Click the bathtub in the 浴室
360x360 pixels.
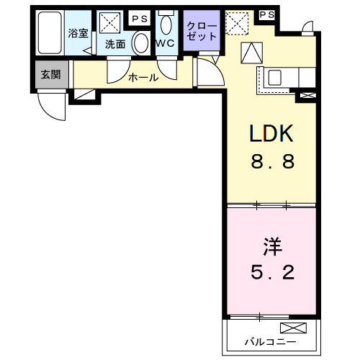50,32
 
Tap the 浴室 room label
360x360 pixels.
78,33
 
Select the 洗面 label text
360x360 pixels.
115,44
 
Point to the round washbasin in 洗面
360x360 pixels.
141,43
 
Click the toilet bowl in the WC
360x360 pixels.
166,24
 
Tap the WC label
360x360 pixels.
165,43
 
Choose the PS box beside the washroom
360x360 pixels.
140,18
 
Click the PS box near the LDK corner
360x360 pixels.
267,15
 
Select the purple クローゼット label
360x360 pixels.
202,31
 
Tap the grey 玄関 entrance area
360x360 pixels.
51,75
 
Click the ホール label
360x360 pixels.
143,78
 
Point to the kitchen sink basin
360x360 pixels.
274,78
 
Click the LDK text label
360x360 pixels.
271,133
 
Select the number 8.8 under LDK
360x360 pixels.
272,161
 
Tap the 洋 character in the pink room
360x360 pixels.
272,246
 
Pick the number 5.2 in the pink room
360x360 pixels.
272,272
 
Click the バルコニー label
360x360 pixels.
270,342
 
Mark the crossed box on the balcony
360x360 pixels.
293,328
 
